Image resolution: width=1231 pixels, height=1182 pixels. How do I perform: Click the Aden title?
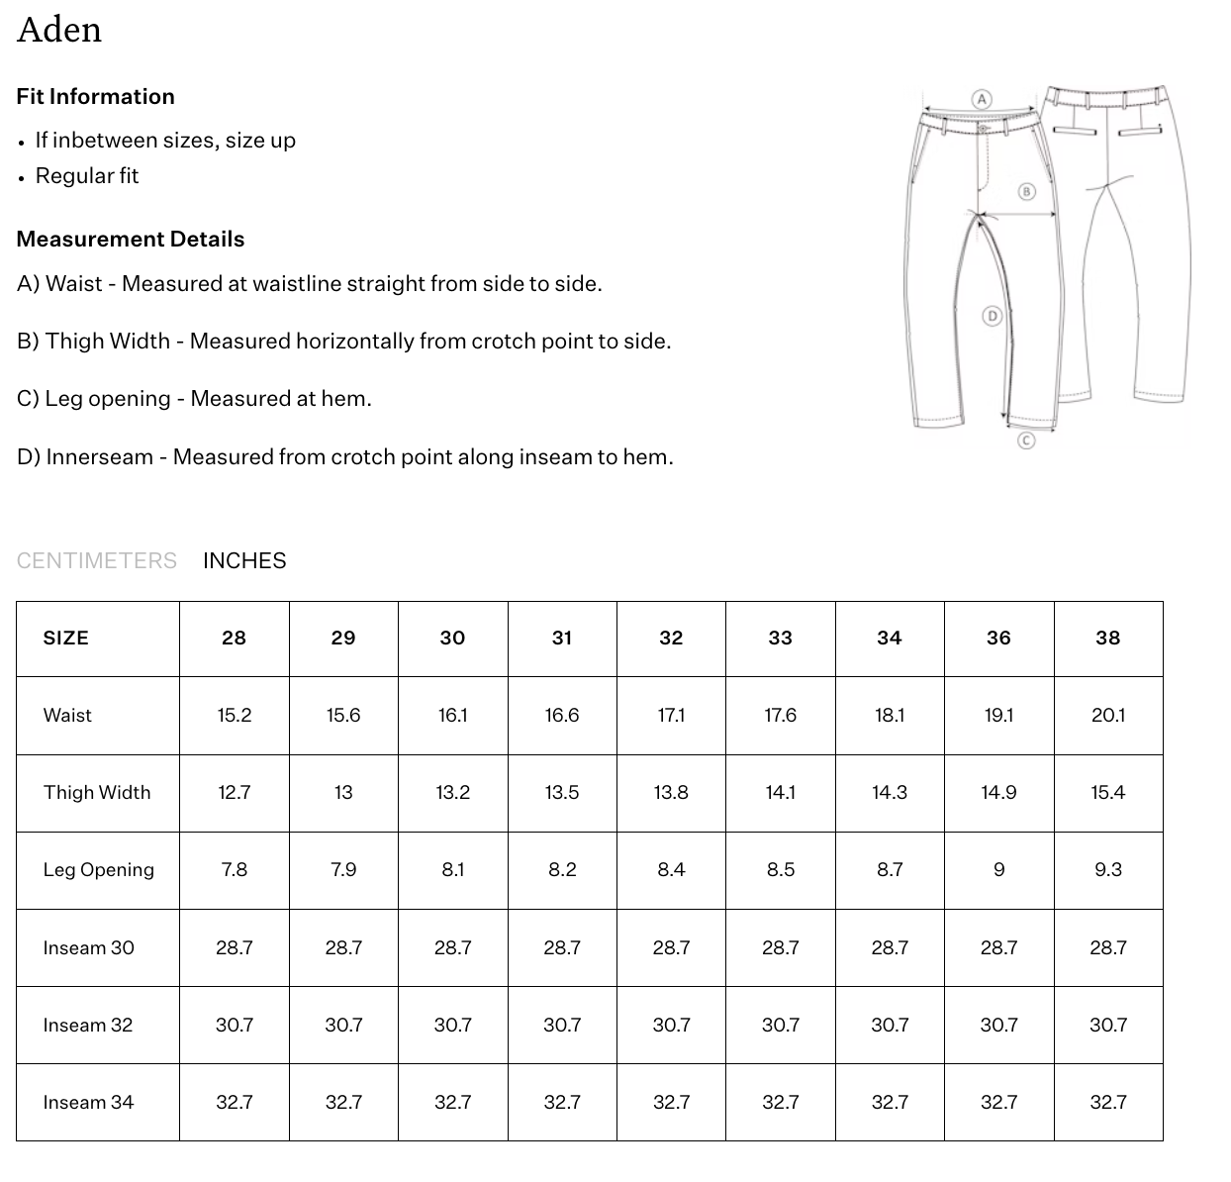point(59,30)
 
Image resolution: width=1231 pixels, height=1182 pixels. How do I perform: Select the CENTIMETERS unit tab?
point(97,560)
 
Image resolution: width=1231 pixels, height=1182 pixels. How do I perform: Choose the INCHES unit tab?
point(244,560)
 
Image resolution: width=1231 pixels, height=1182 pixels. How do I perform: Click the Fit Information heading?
point(95,96)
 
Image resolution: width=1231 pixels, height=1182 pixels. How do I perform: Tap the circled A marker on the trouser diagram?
point(982,99)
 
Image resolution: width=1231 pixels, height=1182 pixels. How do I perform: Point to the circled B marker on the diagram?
point(1026,191)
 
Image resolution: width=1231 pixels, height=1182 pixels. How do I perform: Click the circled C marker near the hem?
point(1026,441)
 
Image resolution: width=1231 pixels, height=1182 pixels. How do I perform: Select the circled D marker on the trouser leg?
point(993,316)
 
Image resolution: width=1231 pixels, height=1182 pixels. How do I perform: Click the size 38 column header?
point(1107,639)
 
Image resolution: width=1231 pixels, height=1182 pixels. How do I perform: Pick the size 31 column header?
point(562,639)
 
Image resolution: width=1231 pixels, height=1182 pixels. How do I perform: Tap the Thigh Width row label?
point(97,792)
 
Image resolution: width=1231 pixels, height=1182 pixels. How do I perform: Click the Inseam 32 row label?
point(88,1025)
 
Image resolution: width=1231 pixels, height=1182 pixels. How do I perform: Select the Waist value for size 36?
point(998,715)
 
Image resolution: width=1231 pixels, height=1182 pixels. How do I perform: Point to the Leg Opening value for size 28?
point(235,869)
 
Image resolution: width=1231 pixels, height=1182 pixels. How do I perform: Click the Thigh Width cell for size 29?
point(343,792)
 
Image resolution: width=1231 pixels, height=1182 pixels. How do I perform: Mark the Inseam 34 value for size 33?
point(780,1102)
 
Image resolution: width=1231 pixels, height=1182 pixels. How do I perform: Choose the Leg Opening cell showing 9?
point(998,869)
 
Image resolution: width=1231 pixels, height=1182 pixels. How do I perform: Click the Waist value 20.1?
point(1107,715)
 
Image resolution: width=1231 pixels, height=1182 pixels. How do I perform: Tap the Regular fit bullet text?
point(87,175)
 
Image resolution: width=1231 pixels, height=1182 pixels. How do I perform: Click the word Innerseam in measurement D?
point(99,457)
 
